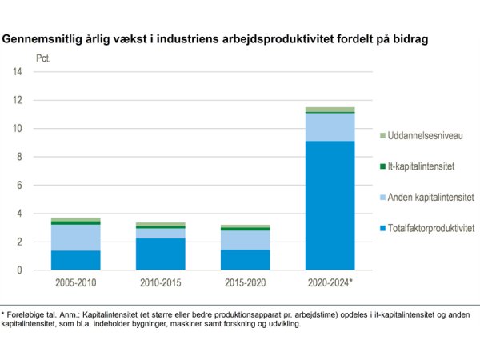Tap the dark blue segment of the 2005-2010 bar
[x=77, y=260]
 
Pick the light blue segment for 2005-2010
[x=77, y=238]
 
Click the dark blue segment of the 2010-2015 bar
[x=162, y=254]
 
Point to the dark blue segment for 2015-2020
[x=246, y=259]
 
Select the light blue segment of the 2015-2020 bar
[x=246, y=240]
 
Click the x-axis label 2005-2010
[x=77, y=284]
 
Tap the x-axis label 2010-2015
[x=162, y=284]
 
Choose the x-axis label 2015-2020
[x=246, y=284]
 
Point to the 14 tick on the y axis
[x=17, y=72]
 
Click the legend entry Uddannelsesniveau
[x=422, y=136]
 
